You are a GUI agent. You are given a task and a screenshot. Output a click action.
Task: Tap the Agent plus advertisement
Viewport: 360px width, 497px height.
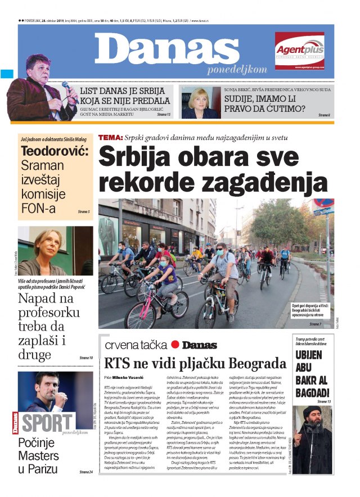click(x=299, y=50)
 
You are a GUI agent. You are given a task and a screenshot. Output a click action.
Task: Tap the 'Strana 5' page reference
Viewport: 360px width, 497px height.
click(x=84, y=211)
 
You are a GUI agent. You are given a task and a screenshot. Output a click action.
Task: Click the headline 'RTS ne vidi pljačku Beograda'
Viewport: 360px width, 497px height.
click(x=196, y=363)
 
